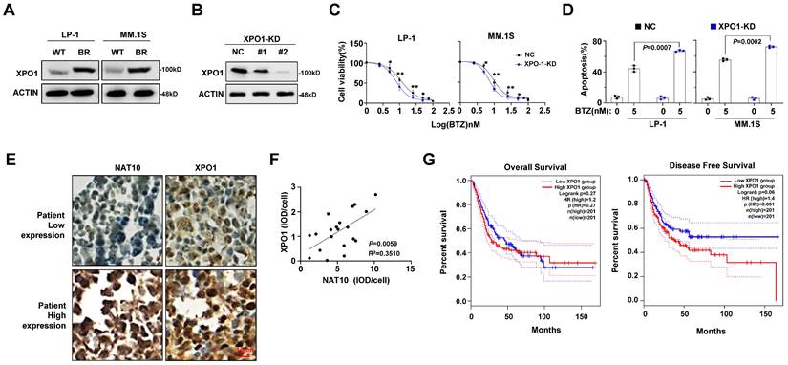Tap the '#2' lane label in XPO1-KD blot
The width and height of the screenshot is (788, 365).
click(x=284, y=52)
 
